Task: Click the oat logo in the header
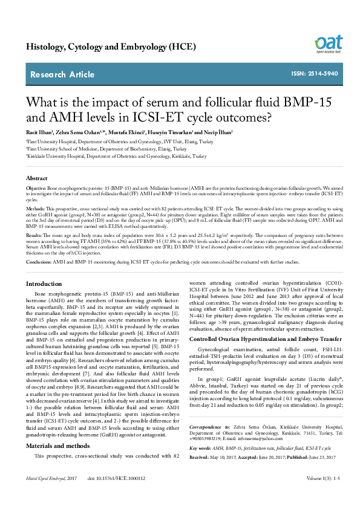328,44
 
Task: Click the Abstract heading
37,179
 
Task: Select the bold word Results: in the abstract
34,234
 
